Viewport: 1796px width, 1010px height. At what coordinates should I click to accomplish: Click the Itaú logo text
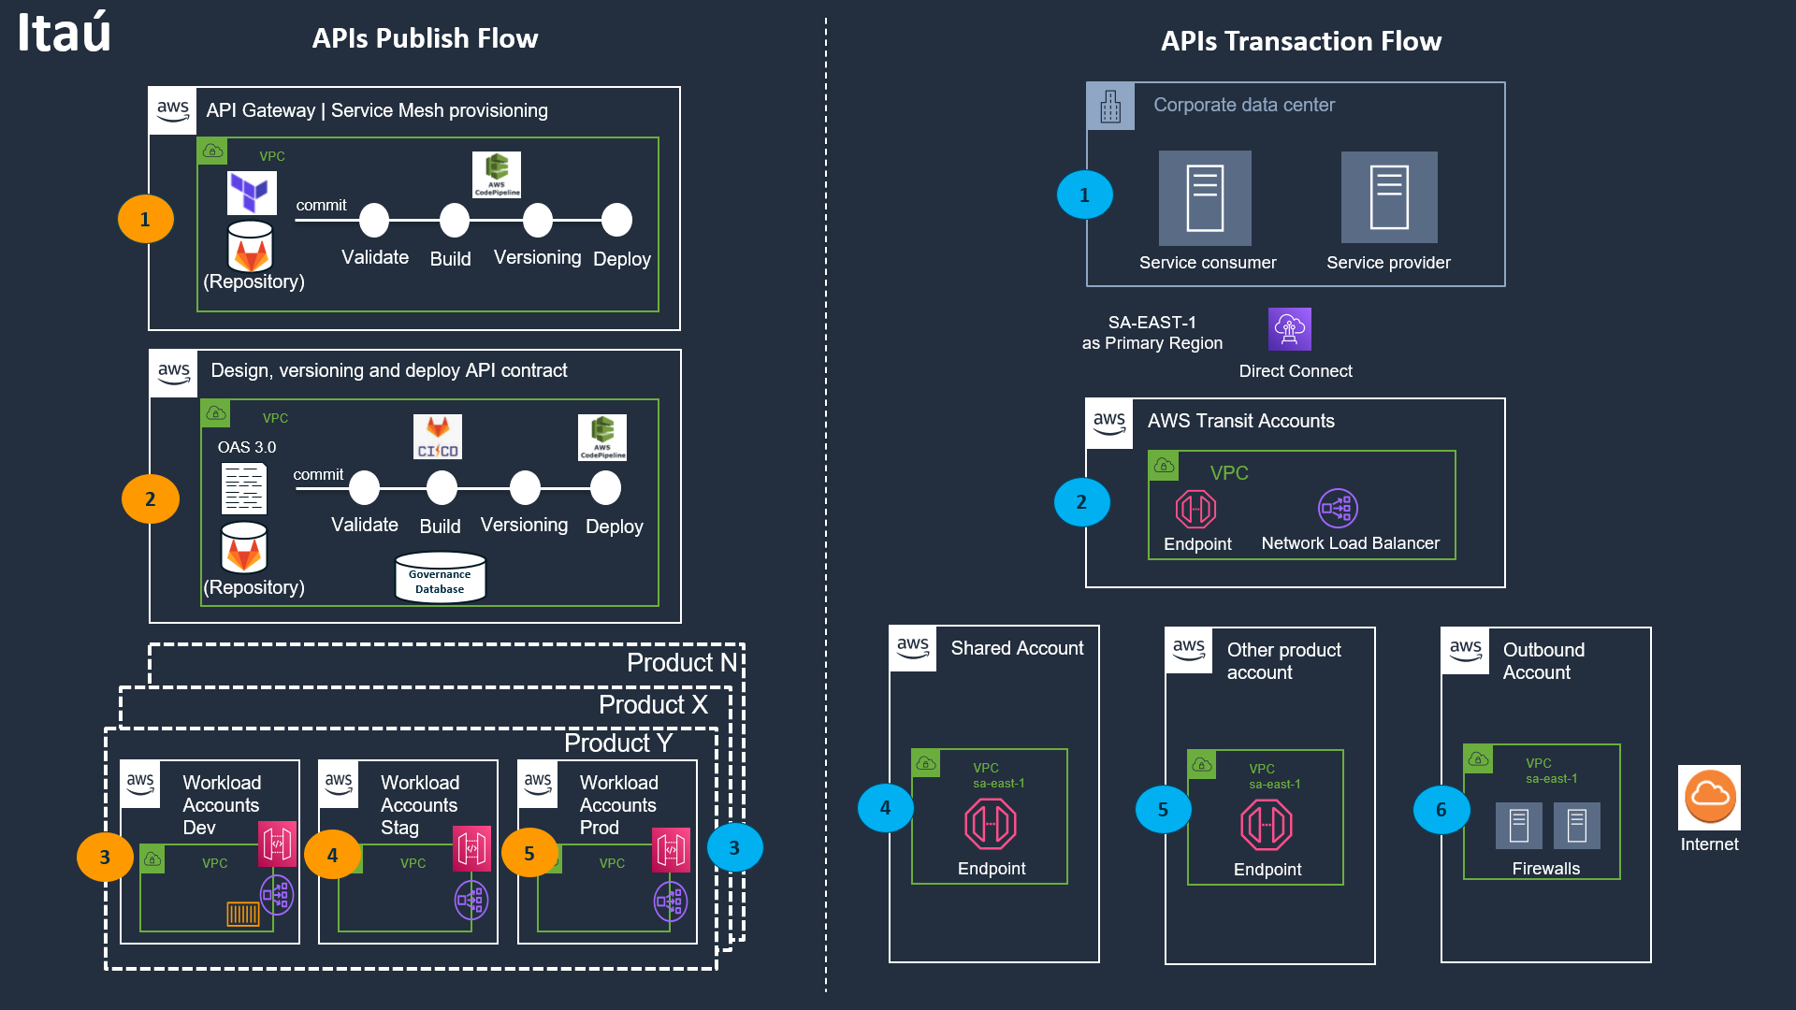[x=64, y=34]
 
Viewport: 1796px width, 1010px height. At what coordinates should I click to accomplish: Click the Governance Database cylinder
[x=440, y=577]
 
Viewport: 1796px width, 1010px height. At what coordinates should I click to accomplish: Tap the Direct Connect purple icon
[x=1289, y=329]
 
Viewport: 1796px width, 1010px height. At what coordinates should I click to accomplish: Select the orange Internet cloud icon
[x=1709, y=796]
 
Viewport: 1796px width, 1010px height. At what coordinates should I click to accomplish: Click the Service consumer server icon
[x=1205, y=198]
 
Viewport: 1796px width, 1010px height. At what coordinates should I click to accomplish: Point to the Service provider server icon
[x=1389, y=197]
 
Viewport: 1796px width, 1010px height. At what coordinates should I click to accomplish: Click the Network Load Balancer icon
[x=1338, y=509]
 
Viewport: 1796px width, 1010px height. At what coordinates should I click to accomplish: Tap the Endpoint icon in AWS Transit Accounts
[x=1195, y=509]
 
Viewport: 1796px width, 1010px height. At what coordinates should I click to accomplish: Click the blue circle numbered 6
[x=1441, y=810]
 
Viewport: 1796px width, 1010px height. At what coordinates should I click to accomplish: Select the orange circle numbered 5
[x=529, y=853]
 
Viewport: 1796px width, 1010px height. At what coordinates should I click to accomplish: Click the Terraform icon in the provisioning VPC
[x=252, y=193]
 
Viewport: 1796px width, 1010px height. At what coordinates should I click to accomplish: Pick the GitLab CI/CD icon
[x=438, y=437]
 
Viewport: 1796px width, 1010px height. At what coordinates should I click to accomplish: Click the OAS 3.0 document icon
[x=244, y=488]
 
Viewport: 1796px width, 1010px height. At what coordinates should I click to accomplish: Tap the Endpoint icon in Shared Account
[x=991, y=824]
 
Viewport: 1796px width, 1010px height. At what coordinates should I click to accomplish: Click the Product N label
[x=682, y=663]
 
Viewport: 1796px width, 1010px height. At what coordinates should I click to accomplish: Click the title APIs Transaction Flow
[x=1300, y=41]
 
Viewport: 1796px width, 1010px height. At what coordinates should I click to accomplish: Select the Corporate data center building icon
[x=1110, y=107]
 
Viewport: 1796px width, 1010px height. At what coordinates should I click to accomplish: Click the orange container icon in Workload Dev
[x=243, y=914]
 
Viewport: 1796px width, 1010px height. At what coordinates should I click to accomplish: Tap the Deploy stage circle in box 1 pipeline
[x=616, y=221]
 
